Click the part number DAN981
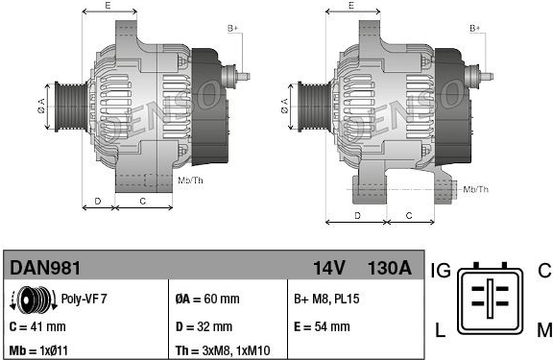pos(45,268)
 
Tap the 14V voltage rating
pos(329,268)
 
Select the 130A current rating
pos(390,268)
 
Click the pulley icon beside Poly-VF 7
pos(34,300)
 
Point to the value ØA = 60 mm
pos(207,299)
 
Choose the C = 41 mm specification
pos(37,326)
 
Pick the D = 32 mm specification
pos(204,326)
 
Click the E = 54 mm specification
pos(322,326)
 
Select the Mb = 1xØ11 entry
pos(38,350)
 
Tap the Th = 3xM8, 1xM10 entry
pos(223,350)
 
